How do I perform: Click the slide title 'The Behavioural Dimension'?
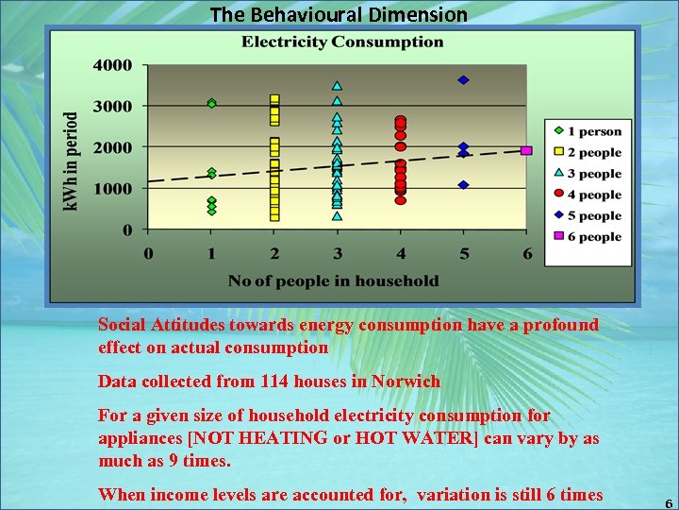tap(339, 14)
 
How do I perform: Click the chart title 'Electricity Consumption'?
tap(342, 42)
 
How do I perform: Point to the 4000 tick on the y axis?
tap(113, 65)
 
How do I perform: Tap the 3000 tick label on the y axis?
tap(113, 106)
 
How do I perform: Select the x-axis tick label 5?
tap(463, 253)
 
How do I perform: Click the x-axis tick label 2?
tap(274, 253)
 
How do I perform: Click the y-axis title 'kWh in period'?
tap(73, 161)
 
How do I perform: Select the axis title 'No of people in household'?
tap(333, 280)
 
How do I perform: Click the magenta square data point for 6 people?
tap(526, 150)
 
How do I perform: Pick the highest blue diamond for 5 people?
tap(463, 79)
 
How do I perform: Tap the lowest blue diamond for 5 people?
tap(463, 185)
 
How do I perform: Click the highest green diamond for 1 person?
tap(212, 103)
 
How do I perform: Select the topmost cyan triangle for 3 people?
tap(337, 86)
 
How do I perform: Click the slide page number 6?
tap(669, 503)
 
